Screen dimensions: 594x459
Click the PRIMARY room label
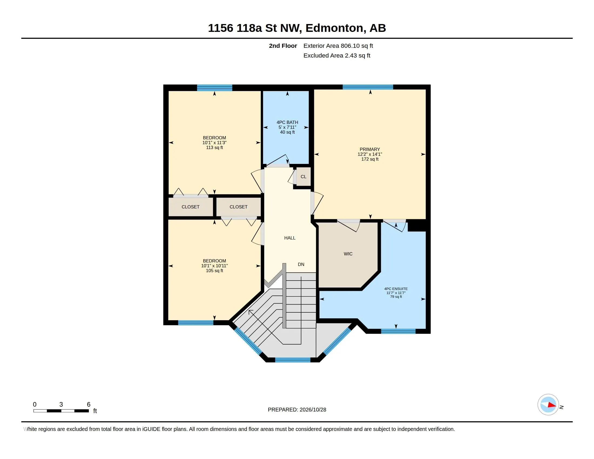coord(370,149)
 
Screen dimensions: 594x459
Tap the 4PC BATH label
coord(287,122)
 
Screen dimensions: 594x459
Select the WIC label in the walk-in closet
coord(348,254)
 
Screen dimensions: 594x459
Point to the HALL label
coord(290,238)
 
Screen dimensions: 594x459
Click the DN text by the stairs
coord(301,264)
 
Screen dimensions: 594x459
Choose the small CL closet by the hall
coord(303,177)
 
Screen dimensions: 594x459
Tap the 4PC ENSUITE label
coord(396,289)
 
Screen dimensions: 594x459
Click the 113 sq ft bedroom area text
coord(214,148)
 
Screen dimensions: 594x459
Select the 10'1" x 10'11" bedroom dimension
coord(214,266)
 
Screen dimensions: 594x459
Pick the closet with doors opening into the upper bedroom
coord(191,207)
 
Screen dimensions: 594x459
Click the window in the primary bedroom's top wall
coord(368,87)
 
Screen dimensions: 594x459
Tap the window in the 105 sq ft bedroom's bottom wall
coord(195,323)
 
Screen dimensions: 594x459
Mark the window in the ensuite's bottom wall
coord(398,331)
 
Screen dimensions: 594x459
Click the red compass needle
coord(552,405)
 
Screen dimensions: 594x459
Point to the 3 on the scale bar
coord(61,404)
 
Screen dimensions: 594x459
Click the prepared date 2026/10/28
coord(313,410)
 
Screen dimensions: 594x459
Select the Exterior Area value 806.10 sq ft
coord(357,46)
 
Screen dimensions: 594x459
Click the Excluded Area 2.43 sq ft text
coord(337,55)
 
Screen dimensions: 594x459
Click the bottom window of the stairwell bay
coord(293,360)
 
